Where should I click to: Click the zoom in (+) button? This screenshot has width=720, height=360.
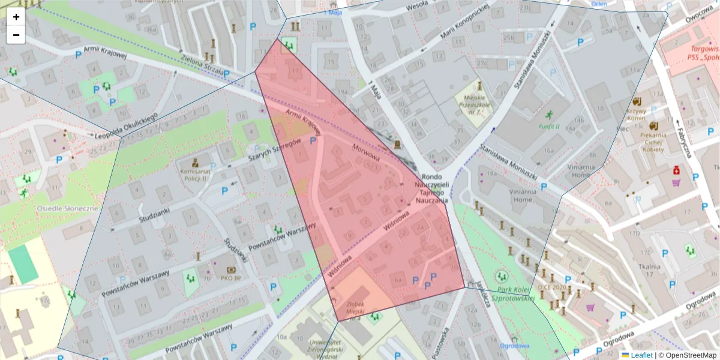tap(16, 17)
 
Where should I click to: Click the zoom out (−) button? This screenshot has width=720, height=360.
tap(16, 35)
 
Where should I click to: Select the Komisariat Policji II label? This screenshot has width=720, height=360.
tap(194, 175)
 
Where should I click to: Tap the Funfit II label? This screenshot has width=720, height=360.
tap(548, 127)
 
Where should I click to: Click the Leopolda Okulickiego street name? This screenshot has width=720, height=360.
tap(126, 125)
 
